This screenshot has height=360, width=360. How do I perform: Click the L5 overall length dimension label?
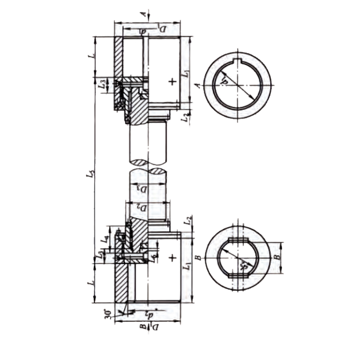pyautogui.click(x=92, y=173)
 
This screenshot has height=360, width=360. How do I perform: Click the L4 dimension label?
pyautogui.click(x=105, y=240)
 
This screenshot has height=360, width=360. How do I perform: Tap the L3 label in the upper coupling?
pyautogui.click(x=103, y=84)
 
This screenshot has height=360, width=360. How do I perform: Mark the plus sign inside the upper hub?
pyautogui.click(x=171, y=81)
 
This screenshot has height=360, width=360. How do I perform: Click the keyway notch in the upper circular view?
pyautogui.click(x=238, y=59)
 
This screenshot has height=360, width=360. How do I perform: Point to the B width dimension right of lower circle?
pyautogui.click(x=278, y=257)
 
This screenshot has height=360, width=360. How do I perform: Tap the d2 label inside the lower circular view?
pyautogui.click(x=243, y=266)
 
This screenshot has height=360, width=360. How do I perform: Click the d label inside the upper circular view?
pyautogui.click(x=223, y=81)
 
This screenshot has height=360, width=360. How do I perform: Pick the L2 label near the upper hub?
pyautogui.click(x=184, y=117)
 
